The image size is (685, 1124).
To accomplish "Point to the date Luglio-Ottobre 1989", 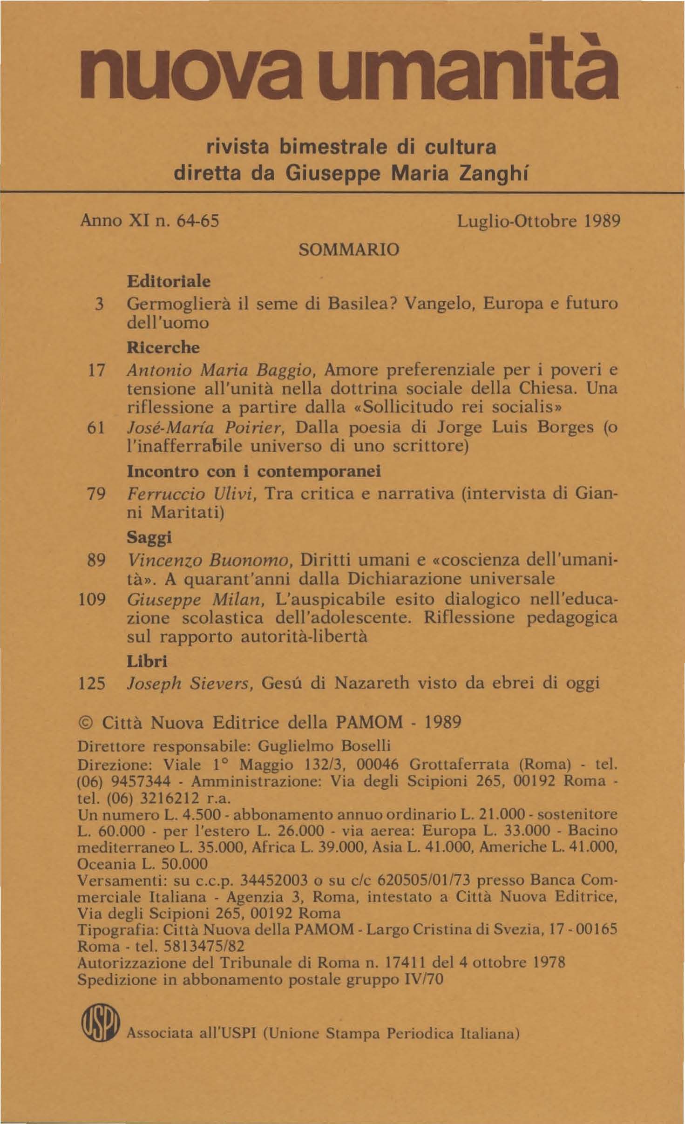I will [539, 221].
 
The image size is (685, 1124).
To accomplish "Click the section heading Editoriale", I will [169, 281].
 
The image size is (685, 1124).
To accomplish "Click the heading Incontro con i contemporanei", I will [254, 471].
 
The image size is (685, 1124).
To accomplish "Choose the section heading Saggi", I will [149, 538].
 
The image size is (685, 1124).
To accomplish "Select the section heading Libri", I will [147, 661].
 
